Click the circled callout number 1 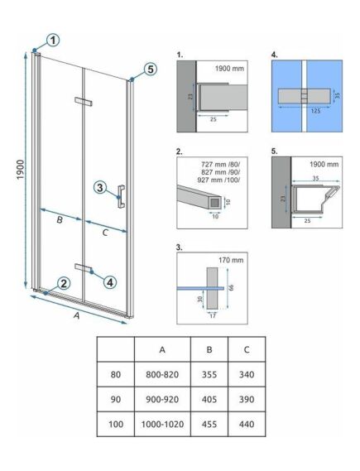[x=53, y=40]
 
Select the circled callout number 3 [x=100, y=188]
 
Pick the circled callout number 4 [x=110, y=282]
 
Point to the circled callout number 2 [x=64, y=283]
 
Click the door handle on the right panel [x=122, y=196]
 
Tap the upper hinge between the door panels [x=83, y=101]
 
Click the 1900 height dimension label [x=20, y=170]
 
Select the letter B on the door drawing [x=60, y=220]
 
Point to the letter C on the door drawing [x=105, y=233]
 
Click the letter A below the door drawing [x=77, y=315]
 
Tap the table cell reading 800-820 [x=162, y=375]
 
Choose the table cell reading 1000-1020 [x=162, y=424]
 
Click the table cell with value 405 [x=209, y=399]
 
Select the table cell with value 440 [x=247, y=424]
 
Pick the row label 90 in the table [x=116, y=399]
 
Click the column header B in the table [x=209, y=349]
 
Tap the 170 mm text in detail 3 [x=231, y=260]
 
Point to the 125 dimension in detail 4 [x=315, y=111]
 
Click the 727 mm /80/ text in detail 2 [x=221, y=164]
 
